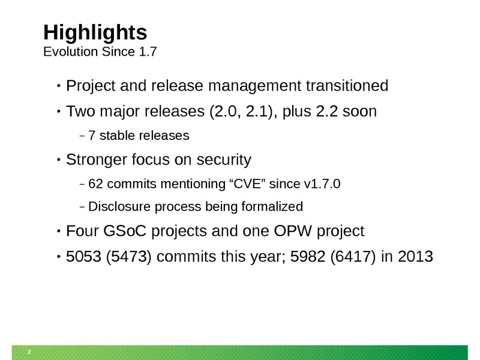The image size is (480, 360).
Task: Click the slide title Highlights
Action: pyautogui.click(x=95, y=32)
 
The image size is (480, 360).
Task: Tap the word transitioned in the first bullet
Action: pyautogui.click(x=347, y=85)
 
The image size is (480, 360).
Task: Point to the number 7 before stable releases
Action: pyautogui.click(x=92, y=136)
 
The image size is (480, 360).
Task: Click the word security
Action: pyautogui.click(x=224, y=160)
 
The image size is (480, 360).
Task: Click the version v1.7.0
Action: pyautogui.click(x=322, y=184)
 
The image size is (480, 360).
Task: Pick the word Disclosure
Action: pyautogui.click(x=119, y=206)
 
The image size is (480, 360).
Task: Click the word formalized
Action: pyautogui.click(x=272, y=206)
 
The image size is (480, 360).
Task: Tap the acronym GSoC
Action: pyautogui.click(x=125, y=231)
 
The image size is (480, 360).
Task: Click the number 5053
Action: pyautogui.click(x=83, y=257)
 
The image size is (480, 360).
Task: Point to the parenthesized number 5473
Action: pyautogui.click(x=129, y=257)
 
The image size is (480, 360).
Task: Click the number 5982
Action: pyautogui.click(x=308, y=257)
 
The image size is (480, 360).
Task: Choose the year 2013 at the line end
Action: pyautogui.click(x=415, y=257)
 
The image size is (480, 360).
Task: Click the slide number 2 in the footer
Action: pyautogui.click(x=29, y=352)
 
